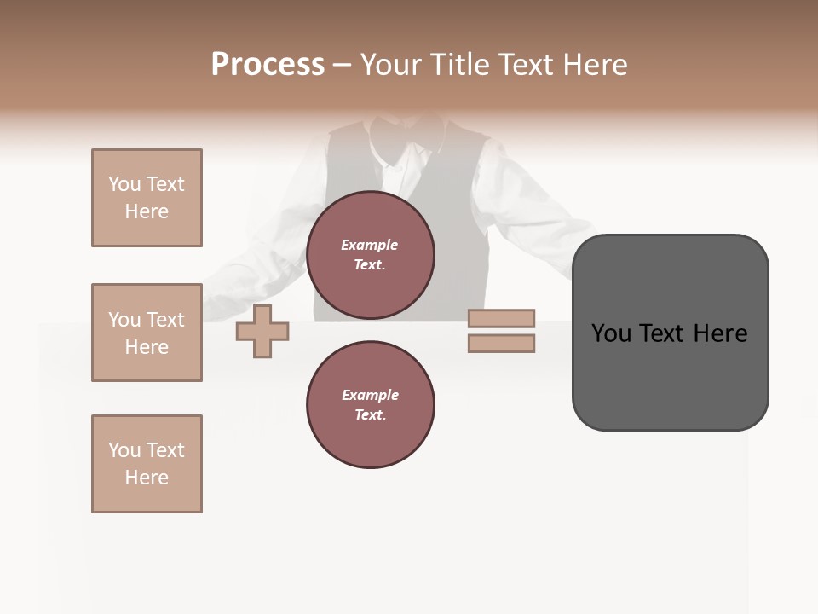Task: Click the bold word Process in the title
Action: (268, 65)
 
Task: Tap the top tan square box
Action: (147, 198)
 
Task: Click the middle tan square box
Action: (147, 333)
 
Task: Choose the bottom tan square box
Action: (147, 464)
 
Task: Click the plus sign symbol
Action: (262, 331)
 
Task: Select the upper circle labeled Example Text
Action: (370, 255)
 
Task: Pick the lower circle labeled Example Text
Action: (370, 405)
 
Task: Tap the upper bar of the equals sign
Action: (501, 318)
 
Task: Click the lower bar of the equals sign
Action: (501, 343)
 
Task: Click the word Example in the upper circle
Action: (370, 245)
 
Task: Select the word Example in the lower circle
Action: (370, 395)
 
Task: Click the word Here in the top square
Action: (147, 211)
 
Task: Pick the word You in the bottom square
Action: (124, 450)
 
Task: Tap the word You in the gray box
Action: (611, 333)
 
